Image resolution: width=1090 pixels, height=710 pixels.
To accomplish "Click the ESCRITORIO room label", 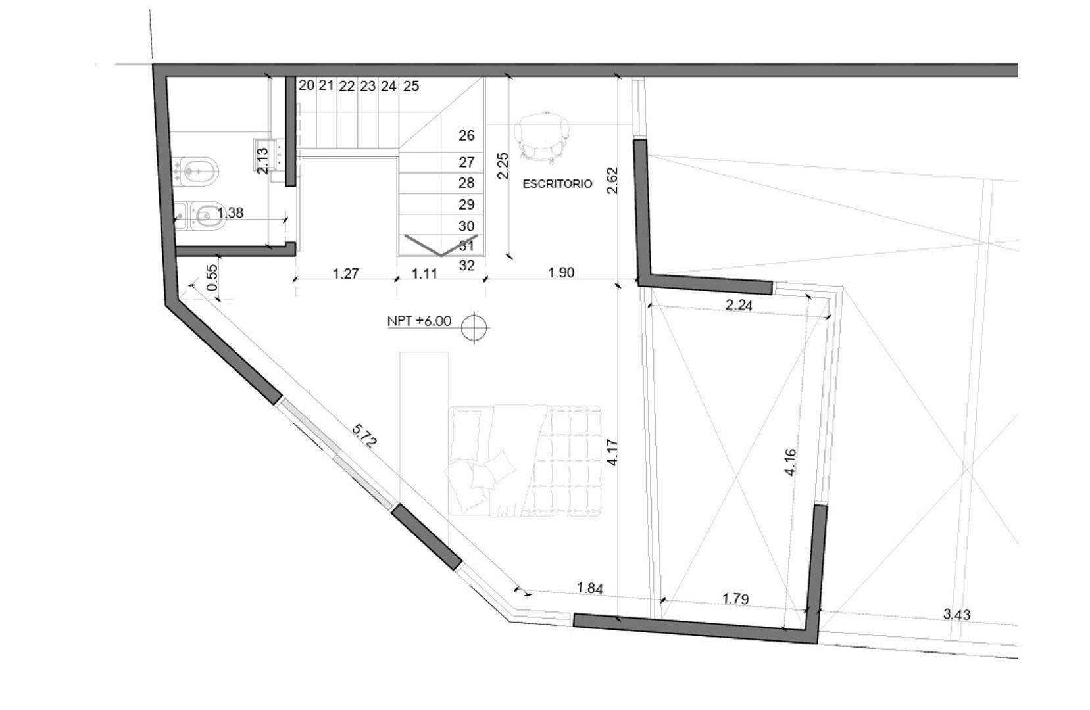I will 557,184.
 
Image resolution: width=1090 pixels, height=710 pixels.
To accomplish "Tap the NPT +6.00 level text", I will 419,321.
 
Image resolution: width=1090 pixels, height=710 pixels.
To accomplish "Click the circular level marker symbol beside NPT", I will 474,327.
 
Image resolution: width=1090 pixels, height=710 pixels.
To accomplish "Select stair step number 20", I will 306,85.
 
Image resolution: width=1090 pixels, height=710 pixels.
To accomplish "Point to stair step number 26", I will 466,135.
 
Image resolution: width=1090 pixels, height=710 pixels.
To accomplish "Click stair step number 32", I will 466,266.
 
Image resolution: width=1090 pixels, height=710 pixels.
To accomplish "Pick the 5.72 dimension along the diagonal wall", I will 364,436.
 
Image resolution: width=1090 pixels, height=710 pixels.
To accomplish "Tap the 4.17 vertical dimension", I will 612,452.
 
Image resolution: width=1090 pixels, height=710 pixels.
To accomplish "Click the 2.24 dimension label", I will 738,304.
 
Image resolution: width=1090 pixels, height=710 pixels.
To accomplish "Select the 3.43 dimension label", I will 956,614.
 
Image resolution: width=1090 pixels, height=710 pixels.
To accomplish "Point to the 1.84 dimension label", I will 589,588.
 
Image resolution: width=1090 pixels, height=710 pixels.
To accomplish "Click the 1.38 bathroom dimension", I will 230,213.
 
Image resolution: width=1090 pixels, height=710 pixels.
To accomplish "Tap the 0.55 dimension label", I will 212,278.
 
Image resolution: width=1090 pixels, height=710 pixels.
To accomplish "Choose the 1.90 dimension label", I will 561,273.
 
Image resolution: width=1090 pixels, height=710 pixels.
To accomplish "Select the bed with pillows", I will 525,460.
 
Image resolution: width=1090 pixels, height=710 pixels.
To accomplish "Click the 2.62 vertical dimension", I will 612,180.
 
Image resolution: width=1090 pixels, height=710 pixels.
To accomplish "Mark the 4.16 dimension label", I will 791,461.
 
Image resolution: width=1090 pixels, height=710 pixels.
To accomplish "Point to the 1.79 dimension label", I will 735,599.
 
